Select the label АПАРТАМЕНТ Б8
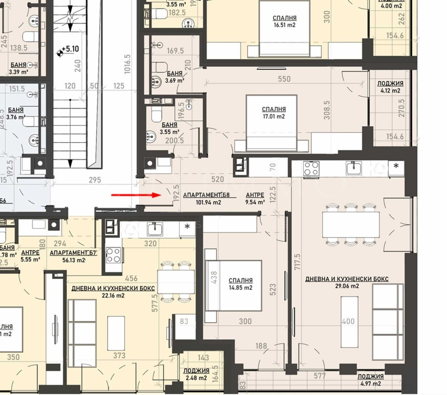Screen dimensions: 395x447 [x=206, y=195]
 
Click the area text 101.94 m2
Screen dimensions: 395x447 [x=208, y=202]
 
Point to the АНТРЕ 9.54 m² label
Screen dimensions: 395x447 [x=255, y=198]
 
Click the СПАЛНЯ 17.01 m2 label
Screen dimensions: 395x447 [x=274, y=113]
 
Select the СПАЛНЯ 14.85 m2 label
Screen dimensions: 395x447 [x=240, y=284]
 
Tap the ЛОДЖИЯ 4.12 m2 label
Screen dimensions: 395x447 [x=390, y=87]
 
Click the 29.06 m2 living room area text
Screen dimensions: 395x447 [x=347, y=286]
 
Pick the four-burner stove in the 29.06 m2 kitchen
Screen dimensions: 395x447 [x=311, y=168]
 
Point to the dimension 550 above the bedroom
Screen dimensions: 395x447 [x=284, y=79]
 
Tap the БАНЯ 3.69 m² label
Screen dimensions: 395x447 [x=174, y=77]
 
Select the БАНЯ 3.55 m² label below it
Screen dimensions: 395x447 [x=169, y=128]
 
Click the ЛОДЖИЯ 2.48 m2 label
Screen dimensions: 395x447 [x=196, y=374]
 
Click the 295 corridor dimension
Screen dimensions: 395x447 [x=95, y=180]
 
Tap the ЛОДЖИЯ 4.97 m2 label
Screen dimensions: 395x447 [x=370, y=380]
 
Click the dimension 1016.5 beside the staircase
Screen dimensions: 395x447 [x=127, y=64]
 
